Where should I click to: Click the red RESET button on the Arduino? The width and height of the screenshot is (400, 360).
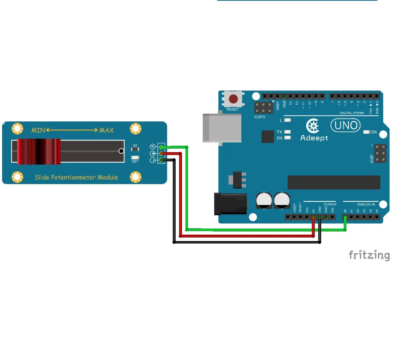click(233, 99)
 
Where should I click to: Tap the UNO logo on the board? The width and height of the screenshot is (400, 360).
click(345, 125)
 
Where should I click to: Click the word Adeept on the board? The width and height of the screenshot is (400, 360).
click(314, 138)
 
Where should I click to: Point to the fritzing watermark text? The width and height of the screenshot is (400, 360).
click(369, 255)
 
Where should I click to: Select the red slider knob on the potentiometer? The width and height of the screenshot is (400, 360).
click(39, 151)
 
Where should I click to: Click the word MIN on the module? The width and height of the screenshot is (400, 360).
click(38, 130)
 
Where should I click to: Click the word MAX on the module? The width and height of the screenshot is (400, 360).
click(106, 130)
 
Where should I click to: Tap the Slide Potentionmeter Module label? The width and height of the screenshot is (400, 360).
click(76, 177)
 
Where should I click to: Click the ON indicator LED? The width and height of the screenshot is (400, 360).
click(366, 132)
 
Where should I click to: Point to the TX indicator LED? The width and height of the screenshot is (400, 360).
click(287, 132)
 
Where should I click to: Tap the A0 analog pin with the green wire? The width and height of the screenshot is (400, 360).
click(345, 217)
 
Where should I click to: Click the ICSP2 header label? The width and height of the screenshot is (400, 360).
click(260, 117)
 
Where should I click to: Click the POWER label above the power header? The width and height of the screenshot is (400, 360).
click(330, 204)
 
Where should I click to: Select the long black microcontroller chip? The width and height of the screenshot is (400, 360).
click(334, 182)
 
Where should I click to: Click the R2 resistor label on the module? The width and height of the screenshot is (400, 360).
click(135, 145)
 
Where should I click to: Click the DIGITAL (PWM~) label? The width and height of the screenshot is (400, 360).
click(352, 113)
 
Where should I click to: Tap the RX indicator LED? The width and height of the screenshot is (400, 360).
click(287, 138)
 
